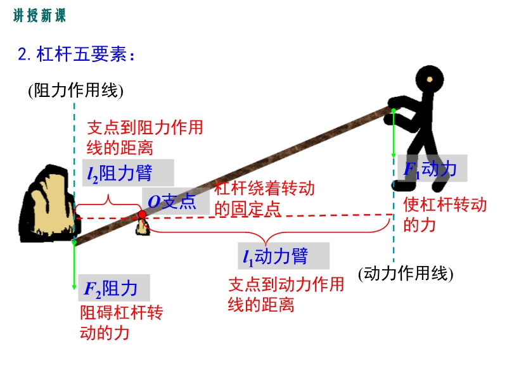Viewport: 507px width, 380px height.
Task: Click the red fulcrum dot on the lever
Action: coord(142,214)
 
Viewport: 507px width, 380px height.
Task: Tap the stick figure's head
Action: coord(430,80)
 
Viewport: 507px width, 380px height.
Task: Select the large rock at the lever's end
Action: coord(48,203)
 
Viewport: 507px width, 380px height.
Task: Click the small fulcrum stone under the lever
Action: coord(142,227)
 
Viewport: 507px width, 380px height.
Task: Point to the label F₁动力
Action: coord(432,168)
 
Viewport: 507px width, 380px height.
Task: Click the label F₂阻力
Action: coord(114,288)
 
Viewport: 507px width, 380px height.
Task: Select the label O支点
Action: coord(176,201)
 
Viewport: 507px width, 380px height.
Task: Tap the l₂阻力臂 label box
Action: coord(128,172)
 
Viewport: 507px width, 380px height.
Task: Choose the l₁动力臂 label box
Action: coord(283,256)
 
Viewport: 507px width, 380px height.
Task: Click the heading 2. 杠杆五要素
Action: coord(76,54)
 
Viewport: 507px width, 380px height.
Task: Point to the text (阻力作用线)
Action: coord(75,90)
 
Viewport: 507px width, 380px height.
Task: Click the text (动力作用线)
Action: coord(406,274)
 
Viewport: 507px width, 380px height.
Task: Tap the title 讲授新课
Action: coord(39,15)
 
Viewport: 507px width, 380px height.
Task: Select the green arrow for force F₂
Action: coord(74,265)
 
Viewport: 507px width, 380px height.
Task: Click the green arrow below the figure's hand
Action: coord(394,133)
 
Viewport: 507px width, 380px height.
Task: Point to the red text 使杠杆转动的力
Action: coord(445,214)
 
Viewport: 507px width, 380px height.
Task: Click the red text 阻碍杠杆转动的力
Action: coord(121,322)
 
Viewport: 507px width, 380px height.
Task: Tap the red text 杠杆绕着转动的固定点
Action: coord(264,198)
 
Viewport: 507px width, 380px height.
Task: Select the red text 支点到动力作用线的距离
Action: coord(286,294)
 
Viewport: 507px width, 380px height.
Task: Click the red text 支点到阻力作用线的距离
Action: coord(145,137)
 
